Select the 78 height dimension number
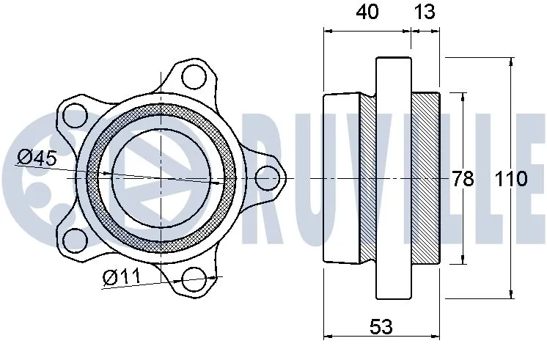tap(463, 178)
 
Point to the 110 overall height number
tap(510, 178)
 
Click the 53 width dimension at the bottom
tap(381, 327)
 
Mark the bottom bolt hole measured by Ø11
tap(194, 279)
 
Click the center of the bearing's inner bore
tap(161, 178)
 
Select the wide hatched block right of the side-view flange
tap(425, 178)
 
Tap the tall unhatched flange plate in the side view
tap(394, 178)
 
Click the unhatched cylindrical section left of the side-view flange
tap(341, 178)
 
